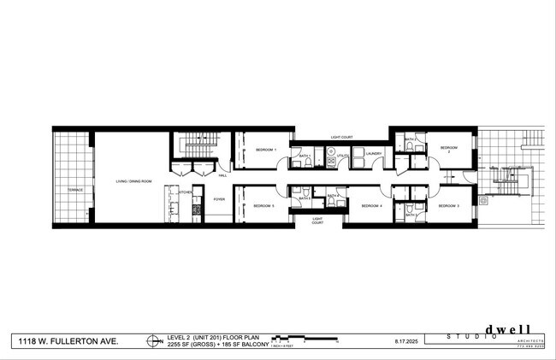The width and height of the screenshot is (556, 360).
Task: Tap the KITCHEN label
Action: [184, 193]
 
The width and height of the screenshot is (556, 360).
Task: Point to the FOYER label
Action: [219, 198]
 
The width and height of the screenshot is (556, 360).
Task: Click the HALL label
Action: [222, 175]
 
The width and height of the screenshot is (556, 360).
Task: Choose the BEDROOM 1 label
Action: [266, 150]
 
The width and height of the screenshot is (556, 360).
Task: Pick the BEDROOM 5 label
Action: [263, 206]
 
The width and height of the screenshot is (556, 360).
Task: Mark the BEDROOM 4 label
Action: [370, 206]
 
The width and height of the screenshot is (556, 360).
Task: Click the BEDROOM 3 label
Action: [449, 206]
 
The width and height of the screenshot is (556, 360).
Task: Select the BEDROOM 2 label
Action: [449, 150]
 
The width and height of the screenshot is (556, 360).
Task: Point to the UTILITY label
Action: [341, 156]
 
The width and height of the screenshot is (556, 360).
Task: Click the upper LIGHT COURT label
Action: [342, 137]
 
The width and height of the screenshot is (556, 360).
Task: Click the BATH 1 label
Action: [303, 156]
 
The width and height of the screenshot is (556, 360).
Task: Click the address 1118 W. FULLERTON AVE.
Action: [69, 340]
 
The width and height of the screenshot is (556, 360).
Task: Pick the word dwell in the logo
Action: [510, 329]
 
